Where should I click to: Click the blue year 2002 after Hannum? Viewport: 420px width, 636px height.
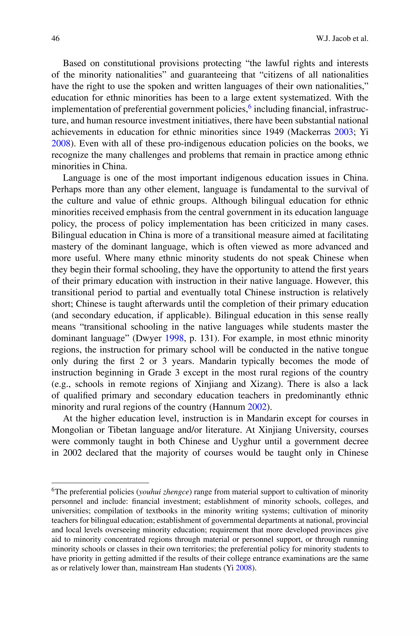(x=257, y=407)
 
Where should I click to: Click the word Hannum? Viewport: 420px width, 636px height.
(x=228, y=407)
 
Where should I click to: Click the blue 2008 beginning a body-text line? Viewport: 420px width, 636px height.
(x=61, y=144)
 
